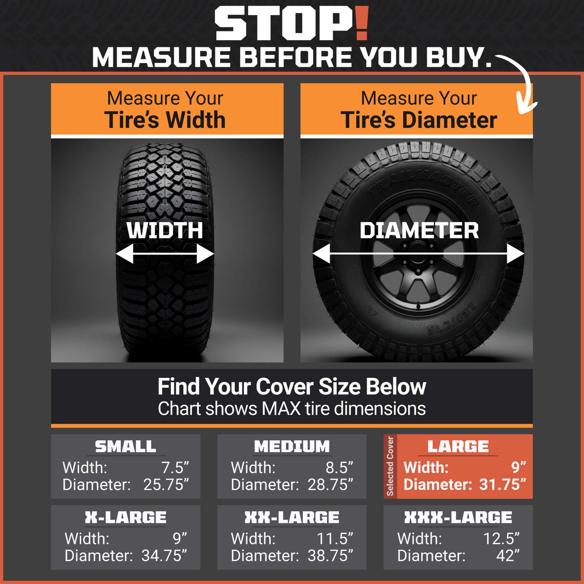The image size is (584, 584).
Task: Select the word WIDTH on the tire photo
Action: tap(164, 231)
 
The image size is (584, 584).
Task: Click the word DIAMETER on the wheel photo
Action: tap(419, 231)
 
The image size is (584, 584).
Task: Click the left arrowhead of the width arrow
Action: tap(124, 254)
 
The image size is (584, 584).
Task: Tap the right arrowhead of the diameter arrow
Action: tap(516, 254)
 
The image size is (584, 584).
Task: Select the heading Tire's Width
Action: tap(165, 120)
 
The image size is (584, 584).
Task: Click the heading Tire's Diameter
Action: tap(419, 120)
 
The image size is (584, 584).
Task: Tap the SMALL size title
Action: tap(125, 447)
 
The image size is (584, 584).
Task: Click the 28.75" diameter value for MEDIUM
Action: tap(330, 484)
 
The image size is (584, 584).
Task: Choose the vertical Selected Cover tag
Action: tap(390, 466)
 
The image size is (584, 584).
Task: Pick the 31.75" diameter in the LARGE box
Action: tap(502, 484)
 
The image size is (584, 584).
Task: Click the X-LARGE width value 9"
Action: tap(180, 538)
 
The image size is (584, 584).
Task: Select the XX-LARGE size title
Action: tap(292, 517)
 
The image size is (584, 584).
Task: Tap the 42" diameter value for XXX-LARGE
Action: tap(508, 555)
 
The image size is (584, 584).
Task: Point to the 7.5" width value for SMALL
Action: tap(175, 467)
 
